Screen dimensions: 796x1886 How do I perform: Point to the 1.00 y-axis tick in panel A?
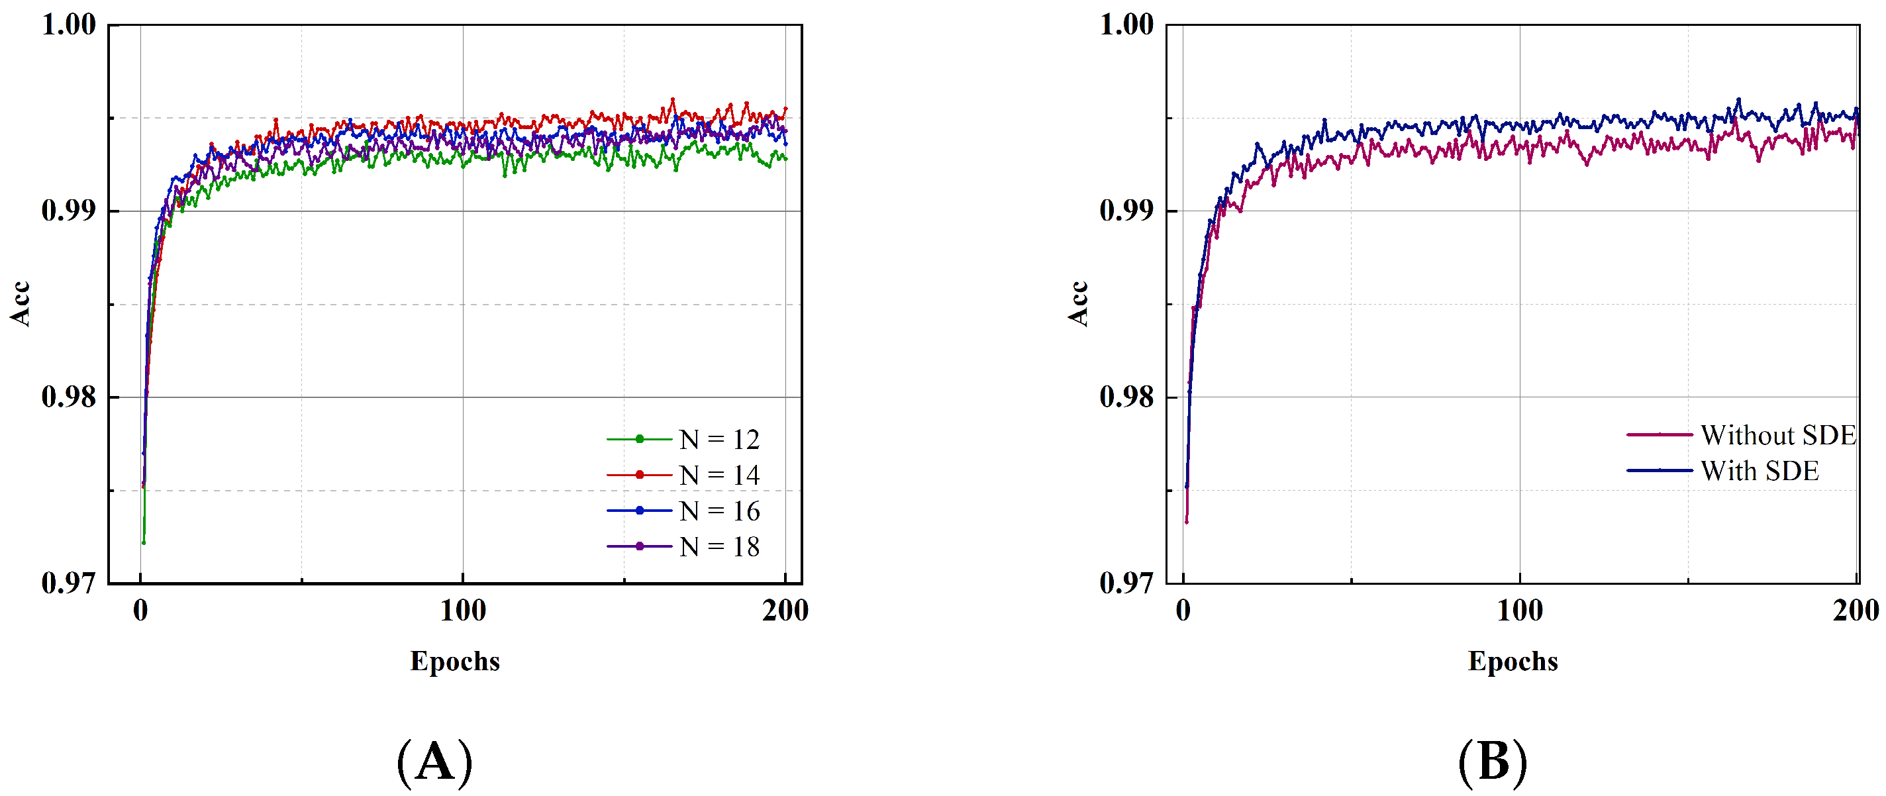click(x=69, y=25)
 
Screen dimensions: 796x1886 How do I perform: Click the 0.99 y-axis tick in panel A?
click(x=69, y=211)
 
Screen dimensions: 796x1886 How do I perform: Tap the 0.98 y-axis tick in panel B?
click(x=1126, y=397)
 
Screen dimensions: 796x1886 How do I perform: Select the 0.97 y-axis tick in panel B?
click(x=1126, y=583)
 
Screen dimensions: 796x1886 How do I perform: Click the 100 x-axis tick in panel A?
click(x=463, y=611)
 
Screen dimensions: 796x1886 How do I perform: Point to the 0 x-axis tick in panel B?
click(x=1183, y=611)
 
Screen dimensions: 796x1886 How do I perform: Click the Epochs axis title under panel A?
click(x=455, y=662)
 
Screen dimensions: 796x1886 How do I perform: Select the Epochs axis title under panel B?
click(x=1513, y=662)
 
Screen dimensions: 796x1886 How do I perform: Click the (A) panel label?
click(x=435, y=762)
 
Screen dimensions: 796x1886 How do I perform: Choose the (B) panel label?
click(x=1493, y=762)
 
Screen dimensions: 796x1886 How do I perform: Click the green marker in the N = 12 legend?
click(x=639, y=439)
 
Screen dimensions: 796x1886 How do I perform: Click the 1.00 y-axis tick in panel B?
click(x=1126, y=25)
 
